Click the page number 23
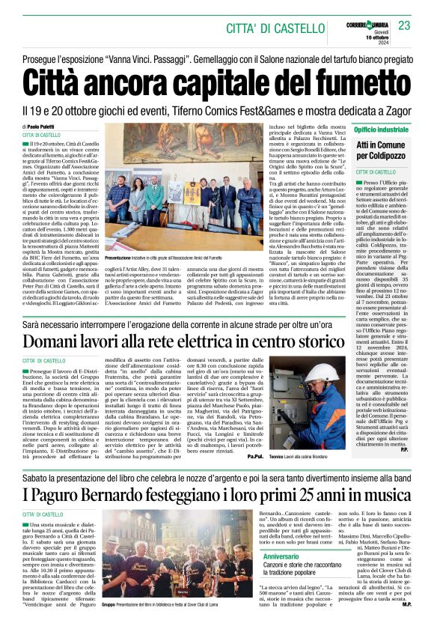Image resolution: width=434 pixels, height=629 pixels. (x=404, y=25)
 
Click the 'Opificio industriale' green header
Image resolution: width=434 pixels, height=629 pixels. (x=382, y=130)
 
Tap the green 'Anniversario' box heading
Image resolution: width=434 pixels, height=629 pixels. (x=281, y=557)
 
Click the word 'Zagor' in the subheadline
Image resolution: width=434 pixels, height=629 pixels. (x=389, y=110)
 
